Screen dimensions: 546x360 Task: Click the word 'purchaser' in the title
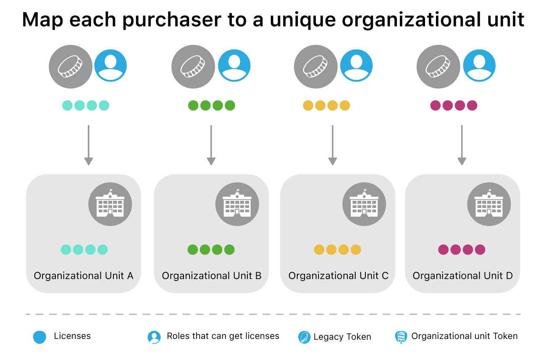point(172,20)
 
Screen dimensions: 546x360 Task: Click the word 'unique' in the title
point(302,20)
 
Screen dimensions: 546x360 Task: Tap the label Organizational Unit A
point(83,276)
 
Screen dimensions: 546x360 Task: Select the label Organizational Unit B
point(212,276)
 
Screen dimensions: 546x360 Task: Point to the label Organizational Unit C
point(339,276)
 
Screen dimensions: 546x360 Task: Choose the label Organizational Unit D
point(463,276)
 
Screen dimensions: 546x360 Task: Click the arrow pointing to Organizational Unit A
point(89,145)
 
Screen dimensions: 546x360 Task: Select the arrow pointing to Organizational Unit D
point(462,145)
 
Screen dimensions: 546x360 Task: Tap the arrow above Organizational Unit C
point(333,145)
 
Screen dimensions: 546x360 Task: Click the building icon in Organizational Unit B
point(237,204)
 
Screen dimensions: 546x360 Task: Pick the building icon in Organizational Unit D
point(489,204)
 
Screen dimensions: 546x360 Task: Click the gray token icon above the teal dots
point(71,66)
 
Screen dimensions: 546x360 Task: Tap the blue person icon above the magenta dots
point(479,66)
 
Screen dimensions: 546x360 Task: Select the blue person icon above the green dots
point(234,66)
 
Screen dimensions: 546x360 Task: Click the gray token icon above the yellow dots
point(316,66)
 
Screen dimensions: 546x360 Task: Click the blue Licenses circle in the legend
point(39,337)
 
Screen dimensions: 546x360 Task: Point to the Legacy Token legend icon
point(304,337)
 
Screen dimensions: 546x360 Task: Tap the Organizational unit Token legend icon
point(401,337)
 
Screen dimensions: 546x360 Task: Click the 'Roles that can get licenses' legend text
point(223,336)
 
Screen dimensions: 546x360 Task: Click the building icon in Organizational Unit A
point(110,204)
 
